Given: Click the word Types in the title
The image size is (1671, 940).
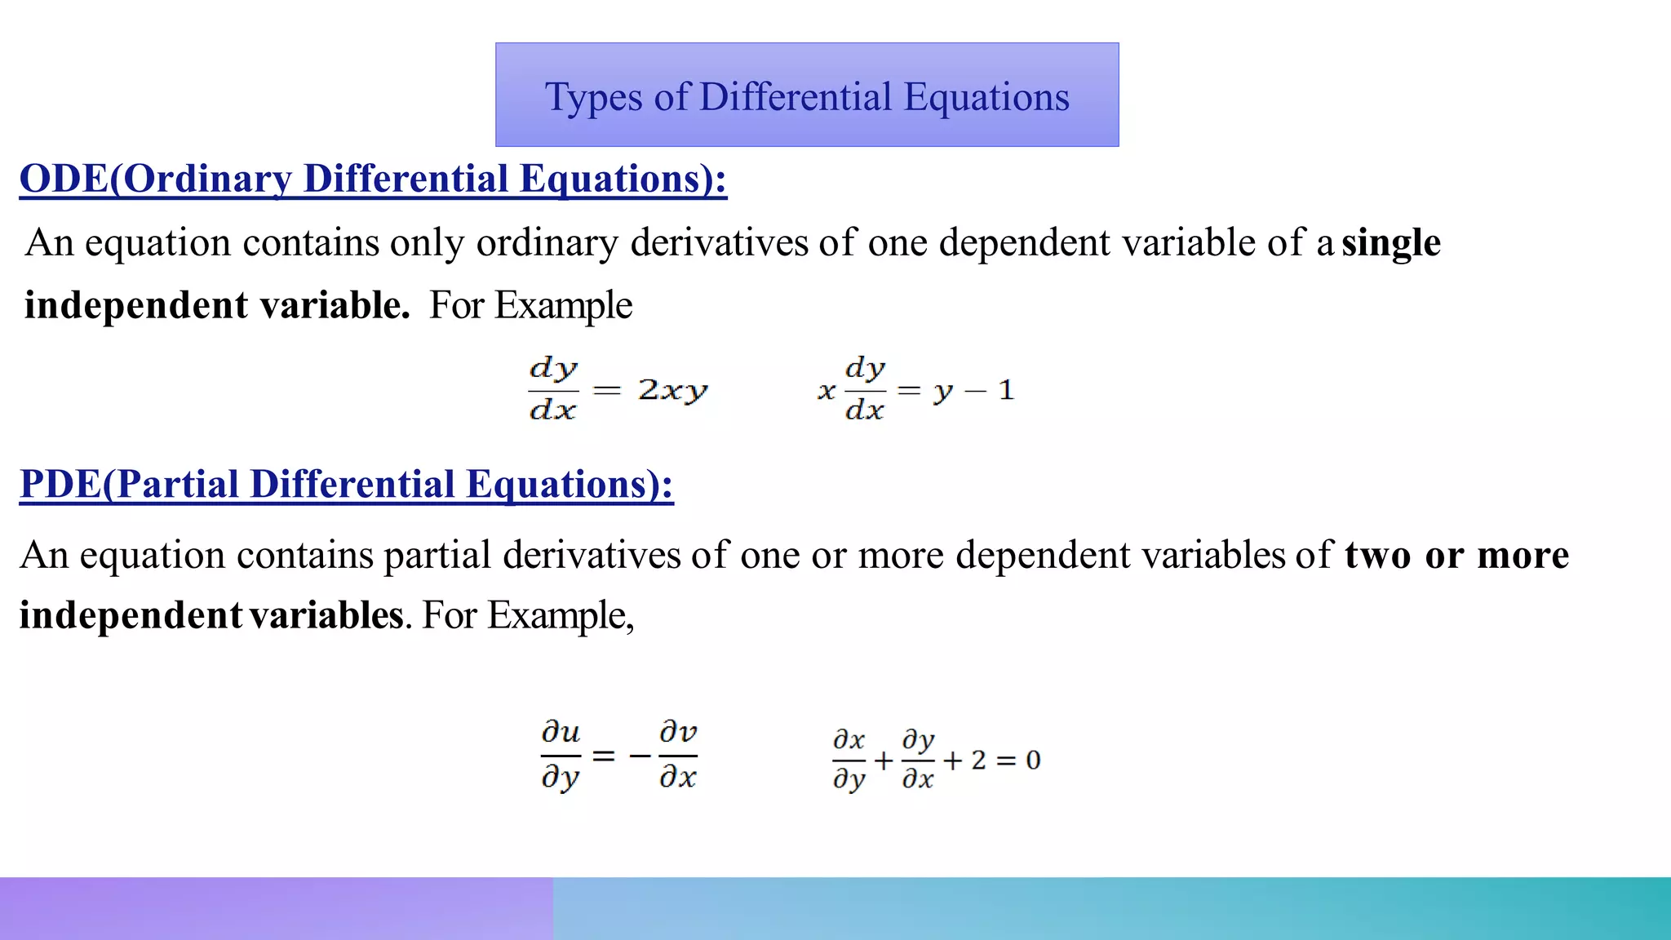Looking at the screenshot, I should tap(593, 98).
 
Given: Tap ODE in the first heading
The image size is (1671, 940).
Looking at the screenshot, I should tap(63, 179).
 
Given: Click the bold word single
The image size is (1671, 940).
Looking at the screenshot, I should tap(1391, 243).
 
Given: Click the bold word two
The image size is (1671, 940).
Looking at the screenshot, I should tap(1377, 556).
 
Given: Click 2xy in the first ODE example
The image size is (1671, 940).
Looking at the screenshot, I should tap(673, 391).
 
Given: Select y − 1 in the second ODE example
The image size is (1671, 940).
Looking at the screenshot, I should tap(973, 391).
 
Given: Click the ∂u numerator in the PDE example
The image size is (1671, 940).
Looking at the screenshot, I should tap(561, 732).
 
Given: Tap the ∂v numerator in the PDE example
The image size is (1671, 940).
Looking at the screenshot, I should tap(678, 732).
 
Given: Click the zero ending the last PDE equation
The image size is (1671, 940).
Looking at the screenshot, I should tap(1033, 760).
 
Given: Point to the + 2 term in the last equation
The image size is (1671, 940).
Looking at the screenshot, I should tap(965, 760).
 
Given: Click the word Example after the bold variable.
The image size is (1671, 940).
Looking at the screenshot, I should tap(563, 306).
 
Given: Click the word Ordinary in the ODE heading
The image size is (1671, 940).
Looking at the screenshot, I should tap(207, 179).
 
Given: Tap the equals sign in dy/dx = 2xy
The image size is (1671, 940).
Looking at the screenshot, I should tap(606, 391).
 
